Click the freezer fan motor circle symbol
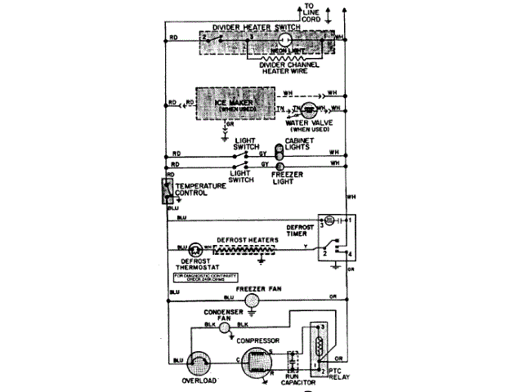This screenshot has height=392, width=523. coord(253,300)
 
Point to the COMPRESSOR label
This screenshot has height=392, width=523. coord(259,339)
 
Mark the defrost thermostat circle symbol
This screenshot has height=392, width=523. coord(197,248)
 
